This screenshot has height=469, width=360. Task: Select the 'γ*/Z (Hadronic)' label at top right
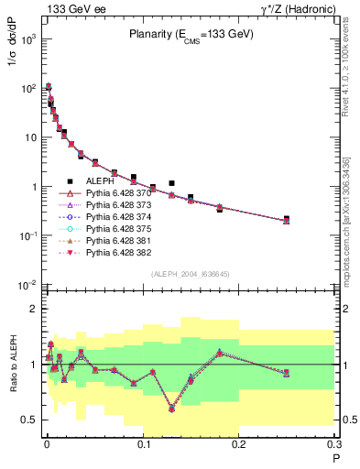coord(301,8)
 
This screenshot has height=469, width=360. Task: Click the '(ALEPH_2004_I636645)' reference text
coord(190,274)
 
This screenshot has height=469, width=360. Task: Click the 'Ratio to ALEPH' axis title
coord(11,361)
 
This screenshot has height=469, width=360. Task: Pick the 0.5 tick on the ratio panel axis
coord(29,420)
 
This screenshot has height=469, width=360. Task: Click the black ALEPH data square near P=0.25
coord(287,219)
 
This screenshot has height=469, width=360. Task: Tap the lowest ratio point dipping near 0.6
coord(171,409)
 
